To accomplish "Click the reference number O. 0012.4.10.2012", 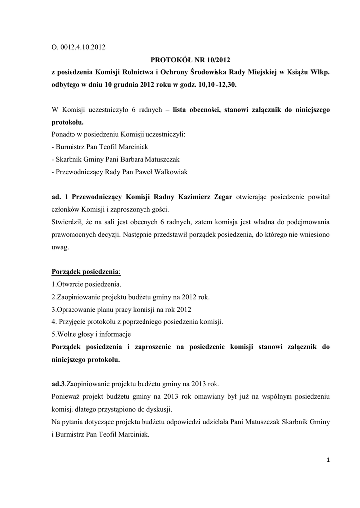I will click(x=78, y=48).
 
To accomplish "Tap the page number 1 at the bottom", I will click(x=328, y=460).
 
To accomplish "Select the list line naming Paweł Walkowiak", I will click(x=120, y=172).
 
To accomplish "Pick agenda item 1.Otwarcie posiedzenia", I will click(x=86, y=284).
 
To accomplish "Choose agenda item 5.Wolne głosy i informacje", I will click(x=91, y=334).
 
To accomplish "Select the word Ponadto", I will click(x=64, y=134).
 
